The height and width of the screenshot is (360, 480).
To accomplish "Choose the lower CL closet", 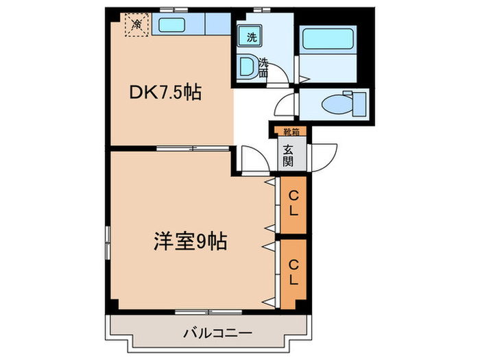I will [x=293, y=272].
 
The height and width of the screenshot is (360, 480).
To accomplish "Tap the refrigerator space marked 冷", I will [x=136, y=25].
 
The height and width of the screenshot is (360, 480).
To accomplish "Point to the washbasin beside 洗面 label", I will [x=248, y=66].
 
